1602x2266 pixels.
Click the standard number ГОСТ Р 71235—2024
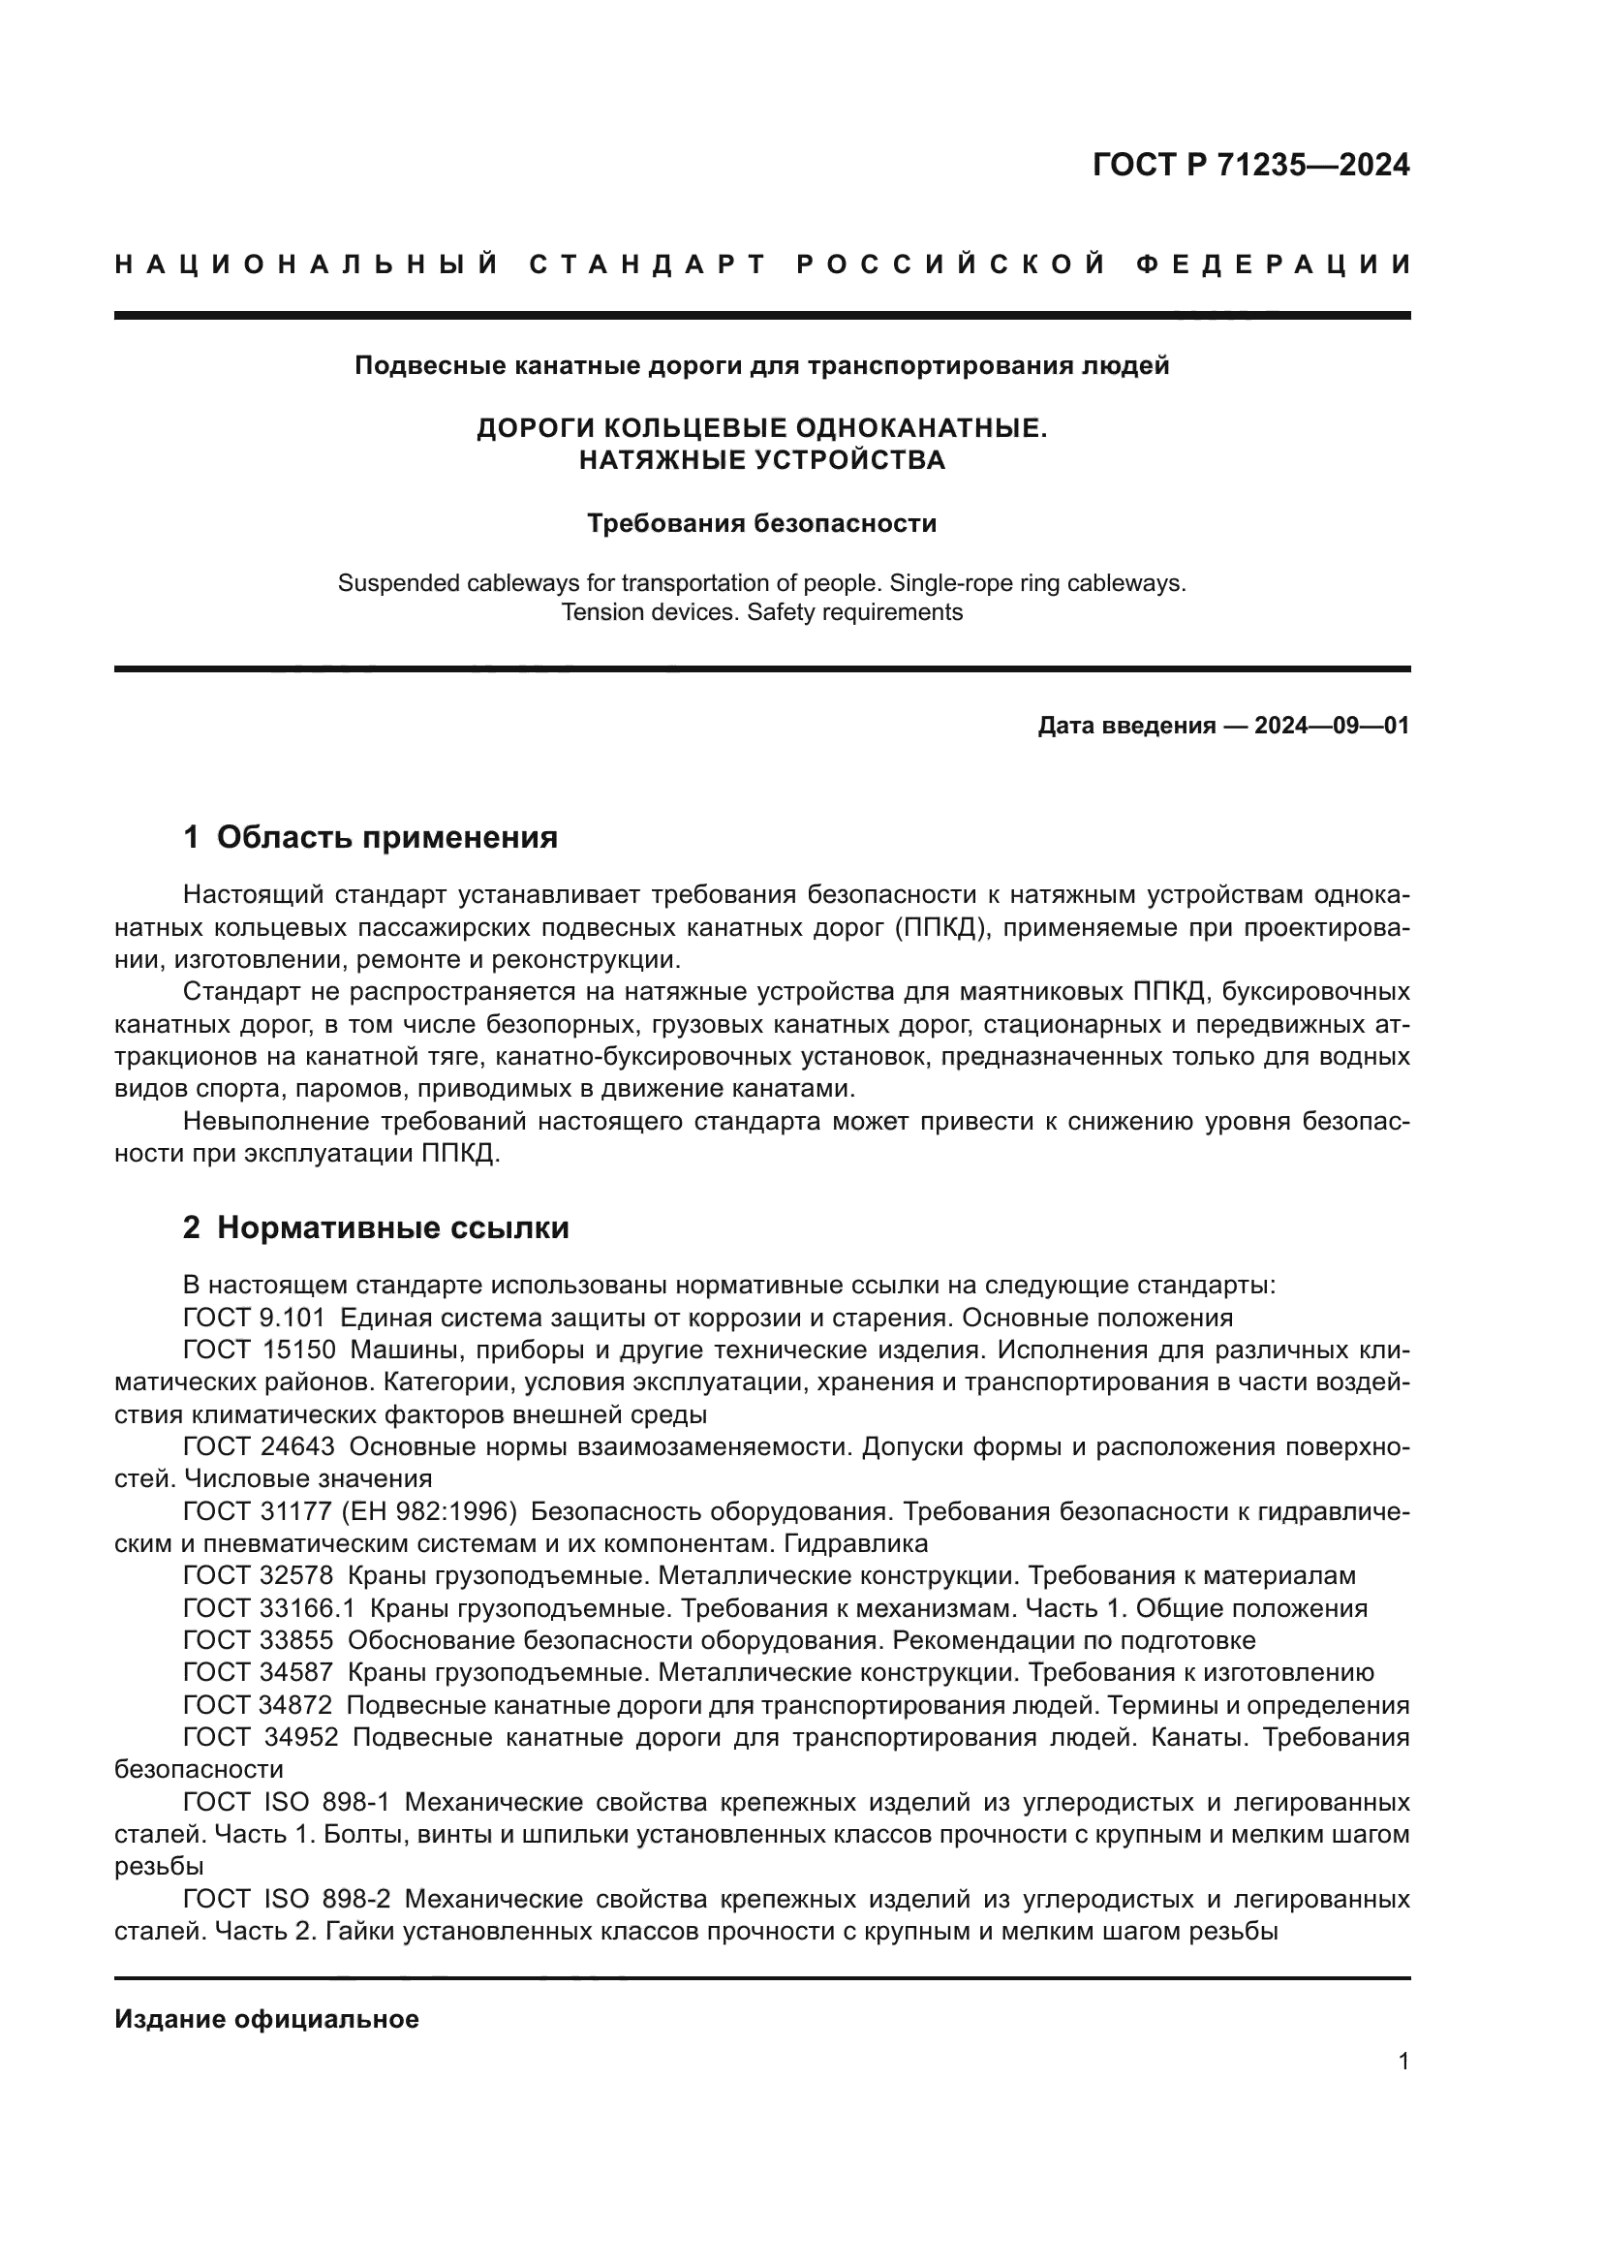coord(1249,165)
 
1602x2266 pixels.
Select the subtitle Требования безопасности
coord(761,523)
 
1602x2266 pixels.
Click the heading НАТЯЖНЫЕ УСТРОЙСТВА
coord(761,460)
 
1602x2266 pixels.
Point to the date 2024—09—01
coord(1331,727)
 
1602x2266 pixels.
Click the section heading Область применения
coord(386,838)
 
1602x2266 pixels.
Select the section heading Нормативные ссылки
coord(392,1227)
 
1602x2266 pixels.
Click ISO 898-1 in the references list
coord(326,1802)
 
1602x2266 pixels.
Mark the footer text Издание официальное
coord(266,2019)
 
